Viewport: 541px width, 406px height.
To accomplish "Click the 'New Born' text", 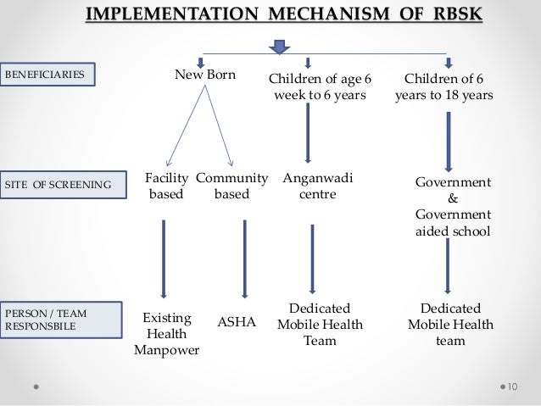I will click(x=204, y=75).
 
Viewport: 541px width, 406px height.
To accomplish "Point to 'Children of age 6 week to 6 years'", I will click(x=320, y=86).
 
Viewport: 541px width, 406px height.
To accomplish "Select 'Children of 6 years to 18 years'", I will click(x=443, y=86).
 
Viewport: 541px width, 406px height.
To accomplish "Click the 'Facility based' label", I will click(x=165, y=186).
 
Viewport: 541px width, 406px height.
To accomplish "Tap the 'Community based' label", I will click(x=231, y=186).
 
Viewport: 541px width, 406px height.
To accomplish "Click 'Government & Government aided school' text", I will click(x=452, y=206).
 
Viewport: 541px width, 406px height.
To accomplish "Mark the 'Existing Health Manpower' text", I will click(x=166, y=334).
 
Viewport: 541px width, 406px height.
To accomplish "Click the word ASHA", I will click(x=237, y=322).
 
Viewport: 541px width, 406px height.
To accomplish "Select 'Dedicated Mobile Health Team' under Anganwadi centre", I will click(x=319, y=325).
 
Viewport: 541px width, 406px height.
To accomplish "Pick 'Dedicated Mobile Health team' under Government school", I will click(x=450, y=325).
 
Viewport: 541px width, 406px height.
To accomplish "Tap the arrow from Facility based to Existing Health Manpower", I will click(x=163, y=259).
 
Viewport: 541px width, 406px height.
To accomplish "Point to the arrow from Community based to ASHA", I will click(x=244, y=259).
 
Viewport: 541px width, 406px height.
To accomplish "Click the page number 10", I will click(x=512, y=387).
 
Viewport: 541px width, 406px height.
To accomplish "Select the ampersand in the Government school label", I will click(x=452, y=198).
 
